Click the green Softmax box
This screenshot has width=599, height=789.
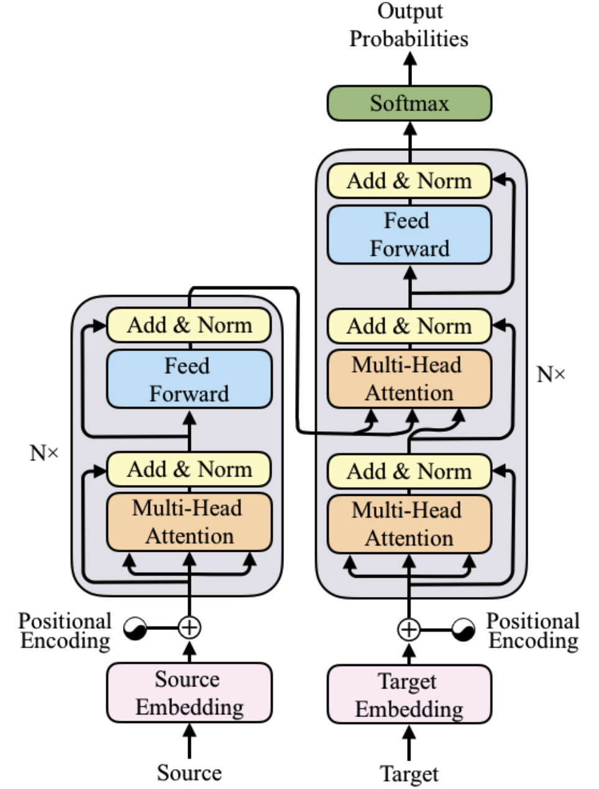(x=409, y=103)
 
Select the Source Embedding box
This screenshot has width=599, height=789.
(x=190, y=693)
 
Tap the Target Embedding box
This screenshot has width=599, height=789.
(x=409, y=695)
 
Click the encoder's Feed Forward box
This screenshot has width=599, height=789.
(x=190, y=379)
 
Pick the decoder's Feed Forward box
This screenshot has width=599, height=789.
(x=409, y=235)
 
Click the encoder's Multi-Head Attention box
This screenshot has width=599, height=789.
(x=190, y=522)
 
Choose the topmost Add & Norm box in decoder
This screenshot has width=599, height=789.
(x=409, y=181)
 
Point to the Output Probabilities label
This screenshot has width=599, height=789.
(x=409, y=26)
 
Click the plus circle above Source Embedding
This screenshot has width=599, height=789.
(x=190, y=627)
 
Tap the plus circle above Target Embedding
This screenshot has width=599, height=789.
(x=409, y=629)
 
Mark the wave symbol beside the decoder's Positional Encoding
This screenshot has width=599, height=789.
(x=463, y=630)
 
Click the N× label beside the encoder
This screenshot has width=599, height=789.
(x=44, y=453)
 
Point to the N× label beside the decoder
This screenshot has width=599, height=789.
(x=551, y=374)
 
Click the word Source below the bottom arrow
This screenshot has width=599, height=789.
(x=189, y=773)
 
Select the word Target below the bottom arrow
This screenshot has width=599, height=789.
(x=409, y=774)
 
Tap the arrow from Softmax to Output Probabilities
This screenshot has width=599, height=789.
(x=409, y=68)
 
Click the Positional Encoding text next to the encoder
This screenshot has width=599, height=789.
(x=65, y=631)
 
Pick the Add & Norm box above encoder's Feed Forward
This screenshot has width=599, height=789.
(x=190, y=325)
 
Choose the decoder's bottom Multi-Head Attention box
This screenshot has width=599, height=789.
(x=409, y=524)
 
